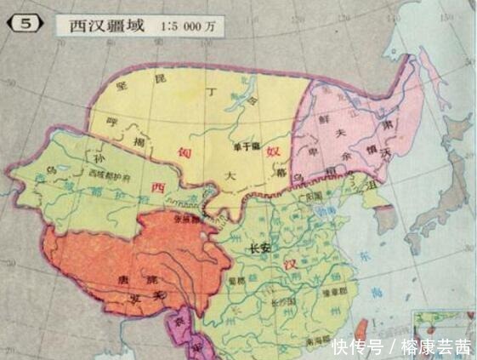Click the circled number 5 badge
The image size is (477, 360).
click(26, 24)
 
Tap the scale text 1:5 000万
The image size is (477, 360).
click(189, 26)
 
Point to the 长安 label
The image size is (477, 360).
click(256, 249)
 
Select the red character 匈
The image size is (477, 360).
click(185, 151)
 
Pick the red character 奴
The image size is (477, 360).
click(273, 151)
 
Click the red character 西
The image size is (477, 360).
click(156, 187)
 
